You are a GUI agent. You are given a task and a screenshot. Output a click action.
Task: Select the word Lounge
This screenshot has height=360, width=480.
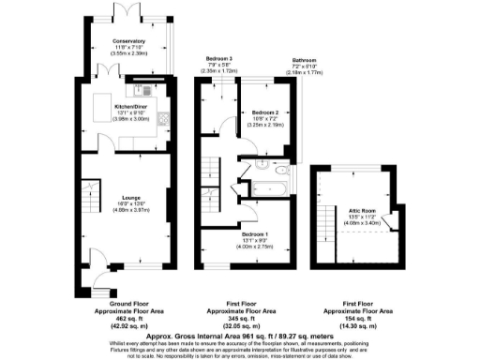coord(130,196)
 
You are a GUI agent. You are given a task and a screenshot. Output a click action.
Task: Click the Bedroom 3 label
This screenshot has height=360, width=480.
coord(217,58)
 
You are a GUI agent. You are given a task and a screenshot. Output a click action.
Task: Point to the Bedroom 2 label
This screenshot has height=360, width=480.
coord(269,112)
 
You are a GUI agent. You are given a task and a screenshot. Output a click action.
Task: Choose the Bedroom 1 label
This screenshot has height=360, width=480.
coord(254,233)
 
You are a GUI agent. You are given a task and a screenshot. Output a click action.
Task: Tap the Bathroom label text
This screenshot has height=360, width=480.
coord(303,59)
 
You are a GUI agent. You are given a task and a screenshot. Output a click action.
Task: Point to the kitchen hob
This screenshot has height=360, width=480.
coord(161,119)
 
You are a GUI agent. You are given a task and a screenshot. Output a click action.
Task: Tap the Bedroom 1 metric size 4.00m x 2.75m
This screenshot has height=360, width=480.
coord(254,247)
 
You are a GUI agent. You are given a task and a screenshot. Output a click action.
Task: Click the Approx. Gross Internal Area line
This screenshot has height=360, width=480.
coord(240,336)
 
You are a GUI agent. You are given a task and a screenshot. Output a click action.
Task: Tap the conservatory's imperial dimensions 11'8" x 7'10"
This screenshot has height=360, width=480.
coord(130,48)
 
